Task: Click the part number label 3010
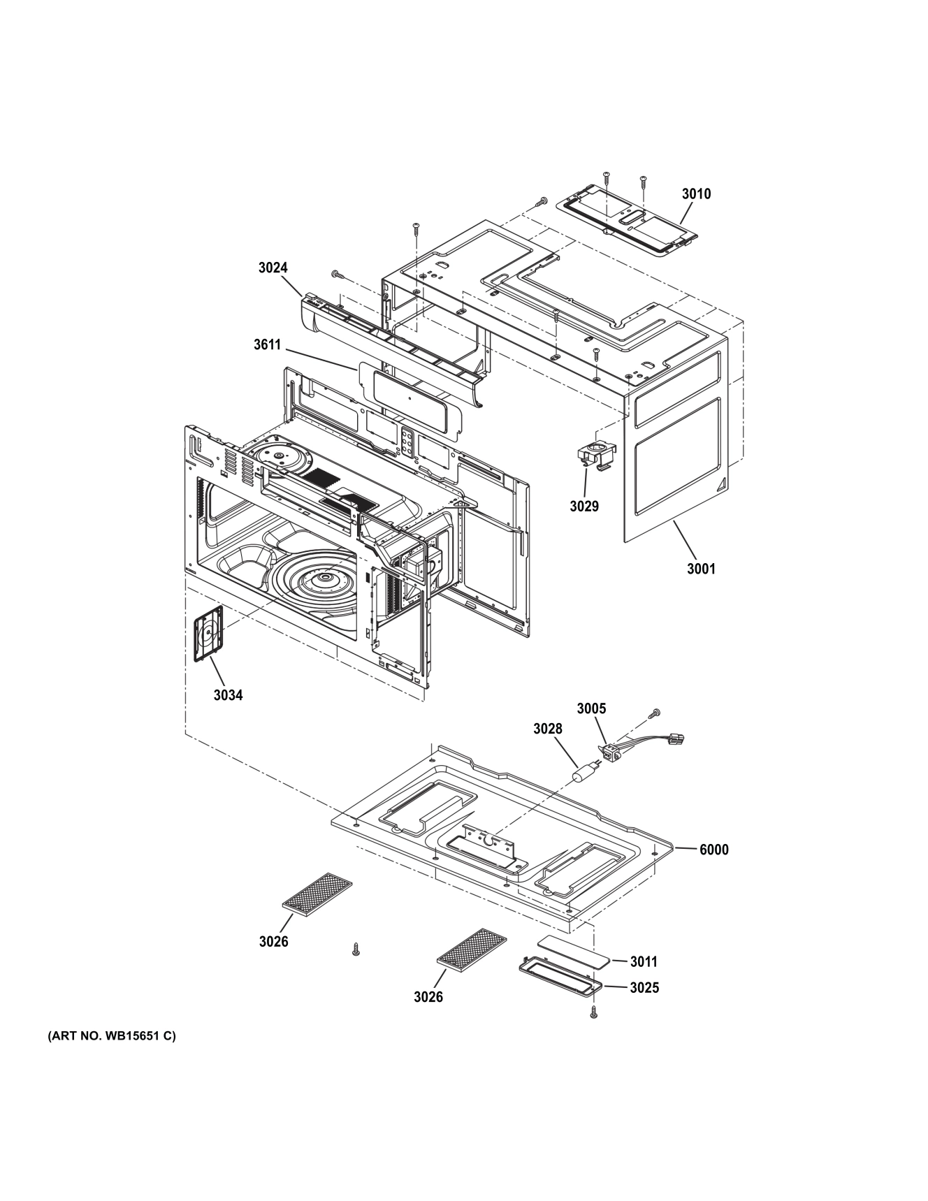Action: coord(696,194)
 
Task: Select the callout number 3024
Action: coord(273,268)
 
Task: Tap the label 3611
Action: coord(268,344)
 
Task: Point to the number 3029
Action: coord(583,506)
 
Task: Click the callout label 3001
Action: coord(701,569)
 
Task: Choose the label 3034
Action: coord(228,694)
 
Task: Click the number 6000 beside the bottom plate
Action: coord(714,850)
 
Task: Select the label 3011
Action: coord(644,962)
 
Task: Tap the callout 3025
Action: coord(644,988)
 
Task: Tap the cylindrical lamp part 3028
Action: coord(583,775)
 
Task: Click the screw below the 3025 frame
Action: coord(594,1012)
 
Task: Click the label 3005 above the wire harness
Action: coord(591,708)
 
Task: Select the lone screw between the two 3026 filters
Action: coord(356,949)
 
